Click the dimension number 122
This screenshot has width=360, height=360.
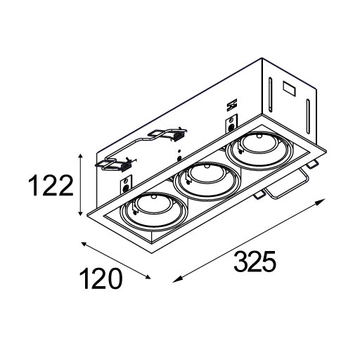(51, 185)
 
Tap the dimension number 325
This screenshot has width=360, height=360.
(255, 261)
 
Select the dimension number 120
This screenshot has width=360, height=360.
(101, 279)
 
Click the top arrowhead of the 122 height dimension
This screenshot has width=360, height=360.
(80, 157)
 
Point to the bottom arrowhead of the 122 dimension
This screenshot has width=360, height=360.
(80, 212)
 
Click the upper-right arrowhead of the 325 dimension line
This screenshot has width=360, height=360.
(322, 201)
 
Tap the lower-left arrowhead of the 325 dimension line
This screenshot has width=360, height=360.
(176, 279)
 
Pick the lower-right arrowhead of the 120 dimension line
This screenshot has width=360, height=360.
(148, 277)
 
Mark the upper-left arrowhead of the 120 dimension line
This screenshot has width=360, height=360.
(84, 244)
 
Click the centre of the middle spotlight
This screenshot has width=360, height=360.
(207, 180)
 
